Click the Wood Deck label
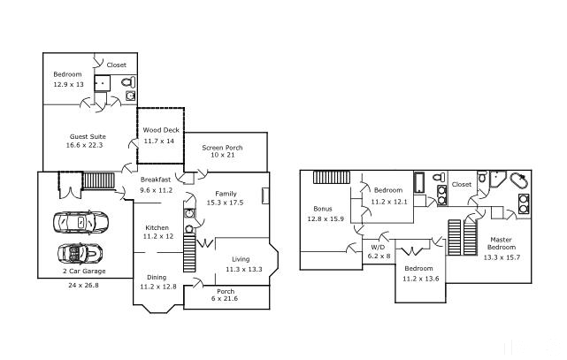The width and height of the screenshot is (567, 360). [x=161, y=130]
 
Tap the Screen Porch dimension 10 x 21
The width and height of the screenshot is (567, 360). [x=223, y=155]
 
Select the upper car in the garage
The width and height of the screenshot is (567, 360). [x=80, y=221]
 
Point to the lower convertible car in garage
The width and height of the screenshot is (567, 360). [x=80, y=253]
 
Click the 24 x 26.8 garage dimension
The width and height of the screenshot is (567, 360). [x=83, y=285]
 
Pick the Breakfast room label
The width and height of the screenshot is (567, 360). [x=156, y=180]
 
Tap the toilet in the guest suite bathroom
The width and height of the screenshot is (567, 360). [x=128, y=82]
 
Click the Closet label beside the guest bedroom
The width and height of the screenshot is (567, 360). [x=117, y=65]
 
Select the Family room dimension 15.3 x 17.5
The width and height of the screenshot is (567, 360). [x=225, y=203]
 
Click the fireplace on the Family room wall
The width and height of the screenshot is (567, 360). [x=265, y=195]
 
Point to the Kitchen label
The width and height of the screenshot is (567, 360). [x=157, y=227]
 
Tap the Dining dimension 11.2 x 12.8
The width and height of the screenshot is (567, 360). [x=158, y=287]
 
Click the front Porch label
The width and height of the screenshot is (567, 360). [x=226, y=291]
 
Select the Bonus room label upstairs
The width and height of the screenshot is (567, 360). [x=323, y=209]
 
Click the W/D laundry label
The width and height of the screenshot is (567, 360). [x=378, y=248]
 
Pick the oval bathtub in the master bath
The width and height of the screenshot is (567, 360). [x=519, y=180]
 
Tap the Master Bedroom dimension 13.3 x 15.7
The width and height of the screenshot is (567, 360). [x=502, y=257]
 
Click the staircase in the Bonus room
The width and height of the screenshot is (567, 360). [x=332, y=177]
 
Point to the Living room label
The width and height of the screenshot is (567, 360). [x=241, y=259]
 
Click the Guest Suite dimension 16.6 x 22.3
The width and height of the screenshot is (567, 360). [x=85, y=145]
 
